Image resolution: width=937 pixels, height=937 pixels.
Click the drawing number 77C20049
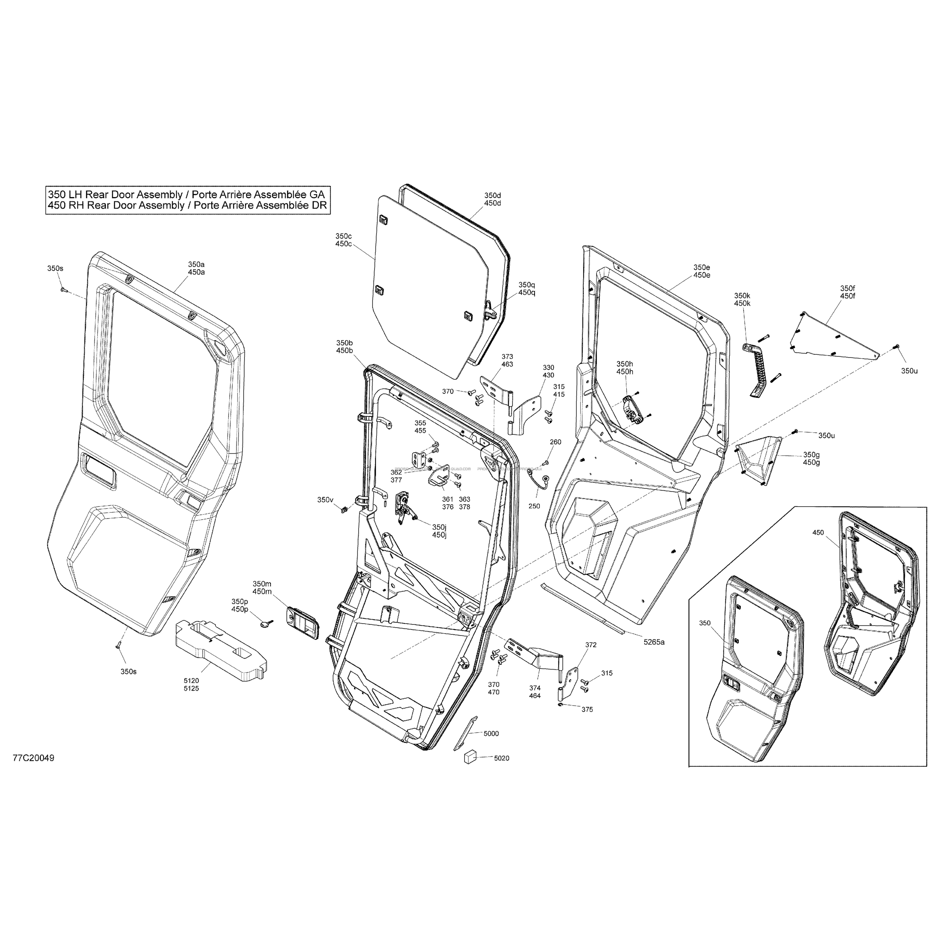[x=33, y=758]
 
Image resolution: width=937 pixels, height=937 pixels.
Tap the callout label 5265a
[x=654, y=642]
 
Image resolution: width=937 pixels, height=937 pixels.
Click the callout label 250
[x=534, y=506]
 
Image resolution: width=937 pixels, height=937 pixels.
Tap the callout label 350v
[x=325, y=500]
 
